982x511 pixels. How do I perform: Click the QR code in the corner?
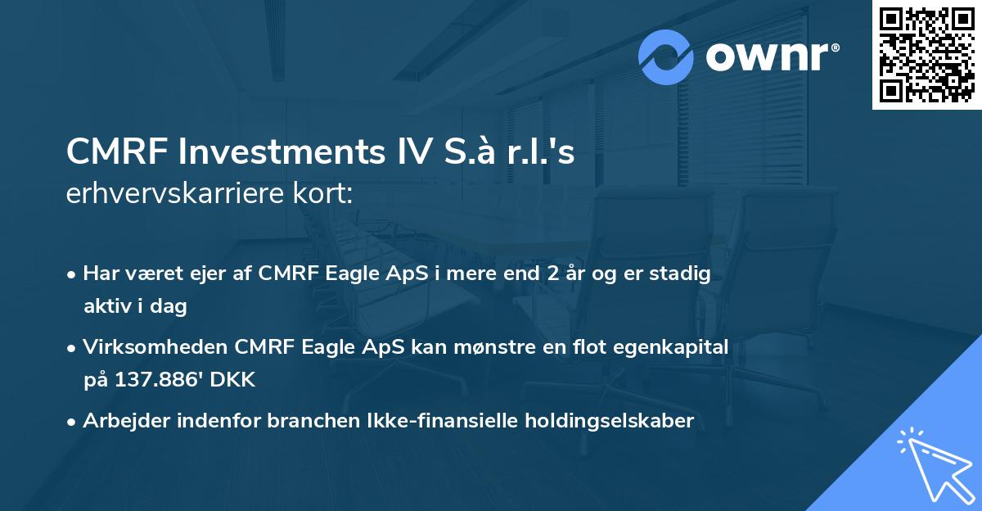point(927,55)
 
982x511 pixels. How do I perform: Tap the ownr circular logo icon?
point(666,57)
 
